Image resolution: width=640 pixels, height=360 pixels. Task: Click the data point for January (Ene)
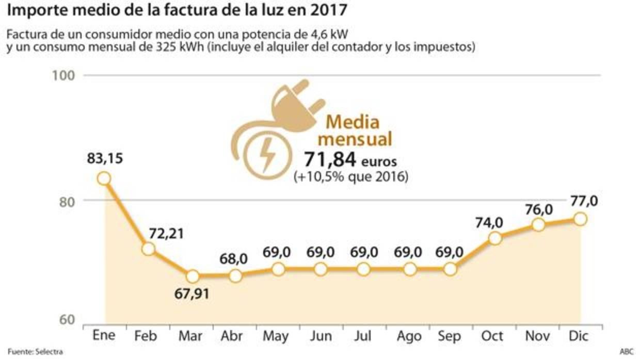tap(104, 178)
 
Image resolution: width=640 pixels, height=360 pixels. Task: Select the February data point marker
tap(148, 249)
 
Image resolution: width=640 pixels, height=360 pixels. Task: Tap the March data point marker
tap(193, 276)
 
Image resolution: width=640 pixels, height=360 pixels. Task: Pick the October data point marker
tap(495, 238)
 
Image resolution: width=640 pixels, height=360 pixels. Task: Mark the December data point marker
tap(581, 219)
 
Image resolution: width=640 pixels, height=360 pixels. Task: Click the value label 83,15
tap(104, 159)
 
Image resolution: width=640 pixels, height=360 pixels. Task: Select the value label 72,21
tap(166, 234)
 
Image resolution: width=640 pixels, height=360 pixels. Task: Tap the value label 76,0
tap(539, 209)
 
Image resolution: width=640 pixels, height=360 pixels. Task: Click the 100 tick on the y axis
tap(65, 75)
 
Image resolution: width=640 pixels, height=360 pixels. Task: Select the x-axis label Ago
tap(410, 336)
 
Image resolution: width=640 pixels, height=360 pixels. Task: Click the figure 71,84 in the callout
tap(330, 159)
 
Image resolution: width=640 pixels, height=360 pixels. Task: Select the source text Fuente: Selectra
tap(35, 352)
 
